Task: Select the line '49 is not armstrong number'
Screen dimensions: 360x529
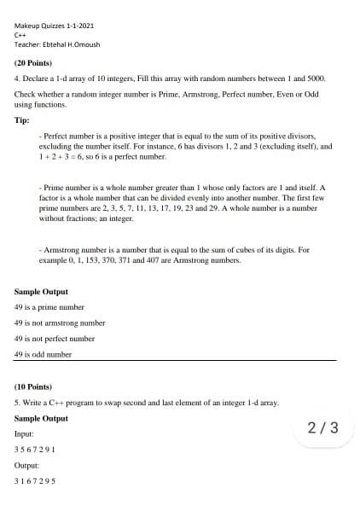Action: pyautogui.click(x=60, y=323)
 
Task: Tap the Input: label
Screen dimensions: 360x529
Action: pyautogui.click(x=25, y=434)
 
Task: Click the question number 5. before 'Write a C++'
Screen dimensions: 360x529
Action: pyautogui.click(x=18, y=402)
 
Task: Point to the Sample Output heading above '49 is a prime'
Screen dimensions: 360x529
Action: pyautogui.click(x=41, y=292)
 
